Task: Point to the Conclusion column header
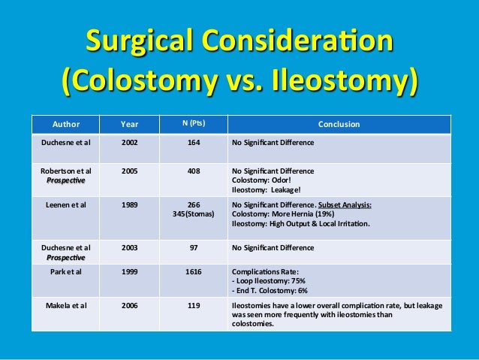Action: (x=339, y=124)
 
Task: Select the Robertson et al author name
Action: (x=65, y=171)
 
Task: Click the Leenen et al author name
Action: (x=65, y=204)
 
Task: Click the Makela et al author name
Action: (x=65, y=307)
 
